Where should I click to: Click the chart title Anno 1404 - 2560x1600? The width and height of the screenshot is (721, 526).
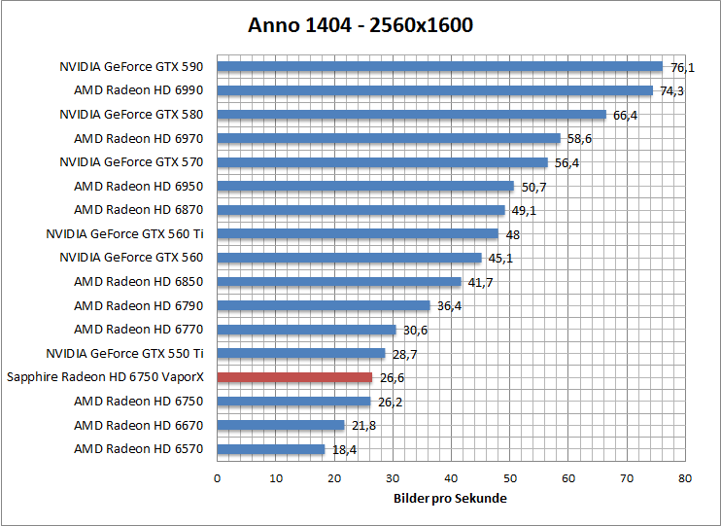click(360, 25)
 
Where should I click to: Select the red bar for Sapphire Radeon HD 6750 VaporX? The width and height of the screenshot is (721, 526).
click(294, 377)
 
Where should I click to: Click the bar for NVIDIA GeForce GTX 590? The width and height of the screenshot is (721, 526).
click(439, 67)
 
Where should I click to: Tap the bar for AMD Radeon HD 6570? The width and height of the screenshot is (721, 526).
click(270, 449)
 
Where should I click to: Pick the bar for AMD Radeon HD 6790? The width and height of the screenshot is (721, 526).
click(323, 305)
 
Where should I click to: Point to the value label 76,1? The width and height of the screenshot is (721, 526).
click(683, 68)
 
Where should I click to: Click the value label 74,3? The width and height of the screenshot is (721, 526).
click(672, 91)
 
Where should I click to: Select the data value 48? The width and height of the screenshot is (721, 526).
click(512, 234)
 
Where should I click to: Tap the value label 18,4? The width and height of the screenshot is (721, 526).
click(344, 449)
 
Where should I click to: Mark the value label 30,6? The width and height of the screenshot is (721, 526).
click(415, 331)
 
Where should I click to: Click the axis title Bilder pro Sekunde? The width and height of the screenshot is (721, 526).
click(450, 499)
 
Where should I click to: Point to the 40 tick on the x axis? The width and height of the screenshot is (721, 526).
click(451, 478)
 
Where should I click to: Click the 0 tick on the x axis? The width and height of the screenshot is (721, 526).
click(217, 478)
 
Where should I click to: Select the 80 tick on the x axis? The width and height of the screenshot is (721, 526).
click(685, 478)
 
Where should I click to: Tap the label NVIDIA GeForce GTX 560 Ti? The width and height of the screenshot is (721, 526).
click(124, 233)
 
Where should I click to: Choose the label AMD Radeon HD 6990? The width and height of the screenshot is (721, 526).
click(139, 90)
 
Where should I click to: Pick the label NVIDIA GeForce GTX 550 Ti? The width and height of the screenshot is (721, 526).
click(124, 353)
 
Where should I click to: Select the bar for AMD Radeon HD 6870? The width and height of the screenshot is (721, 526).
click(360, 210)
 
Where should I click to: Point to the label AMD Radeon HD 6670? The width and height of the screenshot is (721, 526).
click(139, 425)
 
